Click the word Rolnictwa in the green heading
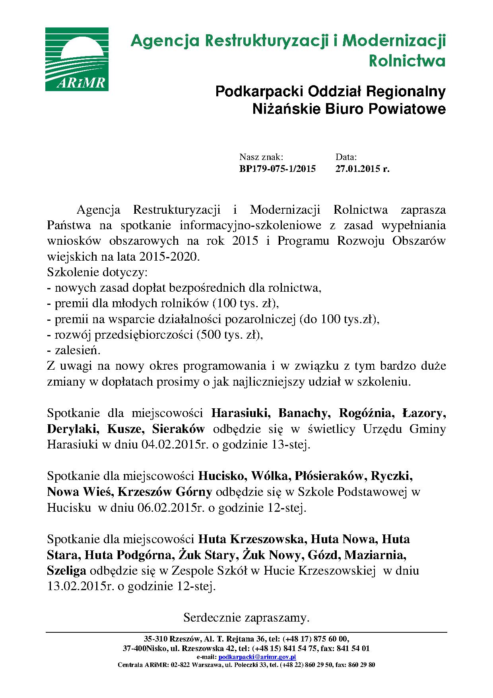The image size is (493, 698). (x=407, y=61)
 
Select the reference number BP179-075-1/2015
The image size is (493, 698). (x=277, y=169)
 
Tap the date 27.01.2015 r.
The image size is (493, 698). (x=362, y=169)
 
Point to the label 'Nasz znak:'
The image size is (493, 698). (x=261, y=157)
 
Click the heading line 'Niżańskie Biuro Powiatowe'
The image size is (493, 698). (x=349, y=109)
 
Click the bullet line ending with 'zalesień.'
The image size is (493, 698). (x=74, y=350)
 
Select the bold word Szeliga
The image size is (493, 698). (x=66, y=571)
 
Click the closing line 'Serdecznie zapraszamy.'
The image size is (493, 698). (x=246, y=618)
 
